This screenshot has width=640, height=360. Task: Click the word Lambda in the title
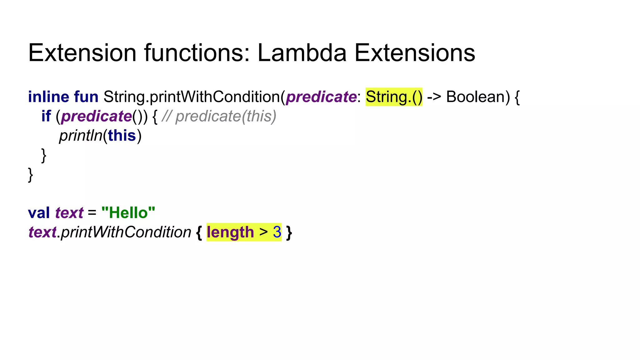[302, 53]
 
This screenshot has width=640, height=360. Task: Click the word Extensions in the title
[415, 53]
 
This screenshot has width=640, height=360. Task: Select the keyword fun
[86, 97]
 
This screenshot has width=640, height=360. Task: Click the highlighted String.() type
[394, 97]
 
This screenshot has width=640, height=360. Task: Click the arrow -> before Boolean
[434, 97]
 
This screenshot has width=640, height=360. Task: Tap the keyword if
[46, 116]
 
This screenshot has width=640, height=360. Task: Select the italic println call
[81, 136]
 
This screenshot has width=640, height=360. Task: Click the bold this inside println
[122, 136]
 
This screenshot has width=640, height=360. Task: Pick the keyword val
[39, 213]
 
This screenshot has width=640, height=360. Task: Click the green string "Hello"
[128, 213]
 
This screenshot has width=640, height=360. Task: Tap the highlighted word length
[230, 232]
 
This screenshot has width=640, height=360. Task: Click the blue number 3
[277, 232]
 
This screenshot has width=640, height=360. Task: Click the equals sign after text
[92, 213]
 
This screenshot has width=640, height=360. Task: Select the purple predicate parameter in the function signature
[321, 97]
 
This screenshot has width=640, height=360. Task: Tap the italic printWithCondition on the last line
[126, 232]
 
